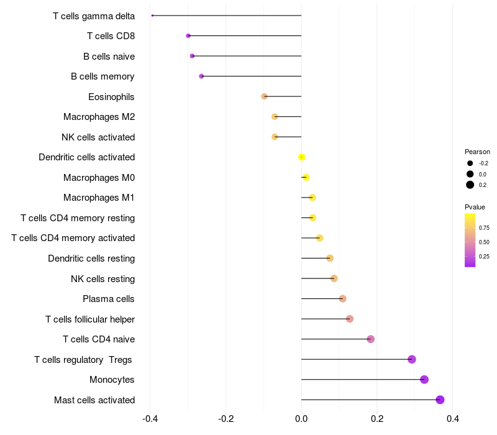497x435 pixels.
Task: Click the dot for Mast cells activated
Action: pos(440,400)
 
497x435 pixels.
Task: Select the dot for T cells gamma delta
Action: pos(152,16)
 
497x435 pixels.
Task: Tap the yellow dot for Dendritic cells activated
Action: pos(301,157)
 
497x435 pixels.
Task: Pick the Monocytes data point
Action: pos(424,380)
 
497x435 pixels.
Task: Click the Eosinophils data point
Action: pos(264,96)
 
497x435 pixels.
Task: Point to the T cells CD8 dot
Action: pos(188,36)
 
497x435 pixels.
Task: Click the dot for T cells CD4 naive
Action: pos(370,339)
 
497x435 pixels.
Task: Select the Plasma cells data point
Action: pos(342,299)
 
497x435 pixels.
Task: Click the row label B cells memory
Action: pos(103,76)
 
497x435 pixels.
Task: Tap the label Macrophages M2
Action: pos(99,117)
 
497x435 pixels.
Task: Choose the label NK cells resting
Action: pos(103,279)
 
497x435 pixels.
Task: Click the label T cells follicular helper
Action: pos(90,319)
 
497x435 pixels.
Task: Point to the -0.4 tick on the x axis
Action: pos(150,419)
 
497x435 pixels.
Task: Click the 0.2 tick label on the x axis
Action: pos(377,419)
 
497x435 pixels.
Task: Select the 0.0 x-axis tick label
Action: pos(301,419)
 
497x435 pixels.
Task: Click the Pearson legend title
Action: pos(477,152)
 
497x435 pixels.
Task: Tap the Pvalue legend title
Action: pos(475,207)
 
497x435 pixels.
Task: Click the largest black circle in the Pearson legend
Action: pos(470,185)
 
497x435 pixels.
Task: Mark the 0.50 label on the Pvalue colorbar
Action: pos(484,242)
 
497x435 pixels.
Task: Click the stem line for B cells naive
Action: pos(247,56)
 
